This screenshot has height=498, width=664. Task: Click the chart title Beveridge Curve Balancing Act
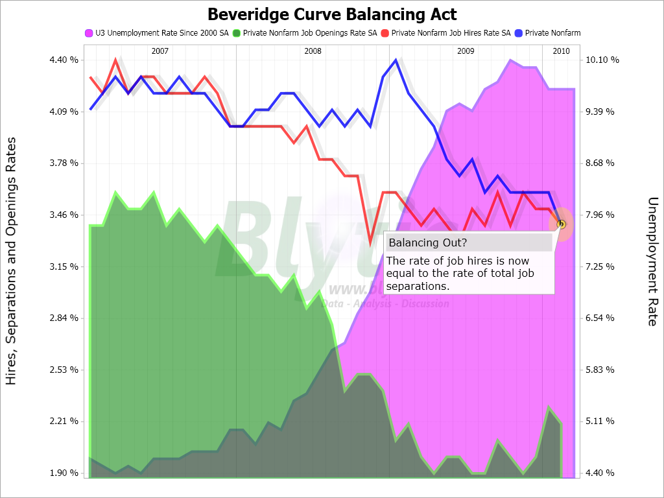[x=332, y=14]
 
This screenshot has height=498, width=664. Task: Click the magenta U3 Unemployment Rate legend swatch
[x=89, y=32]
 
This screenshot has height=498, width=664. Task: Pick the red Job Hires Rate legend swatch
[x=385, y=32]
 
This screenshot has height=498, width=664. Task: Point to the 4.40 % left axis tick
[x=64, y=60]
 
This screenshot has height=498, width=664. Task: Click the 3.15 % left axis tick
[x=64, y=267]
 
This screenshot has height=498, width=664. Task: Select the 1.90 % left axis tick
[x=64, y=473]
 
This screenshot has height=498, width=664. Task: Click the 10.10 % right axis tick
[x=603, y=60]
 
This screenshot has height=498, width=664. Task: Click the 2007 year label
[x=160, y=51]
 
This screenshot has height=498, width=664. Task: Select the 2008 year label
[x=313, y=51]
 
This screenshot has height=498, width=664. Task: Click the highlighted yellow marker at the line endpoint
[x=562, y=224]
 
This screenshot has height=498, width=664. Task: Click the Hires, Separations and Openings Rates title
[x=11, y=261]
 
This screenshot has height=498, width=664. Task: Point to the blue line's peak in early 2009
[x=396, y=60]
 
